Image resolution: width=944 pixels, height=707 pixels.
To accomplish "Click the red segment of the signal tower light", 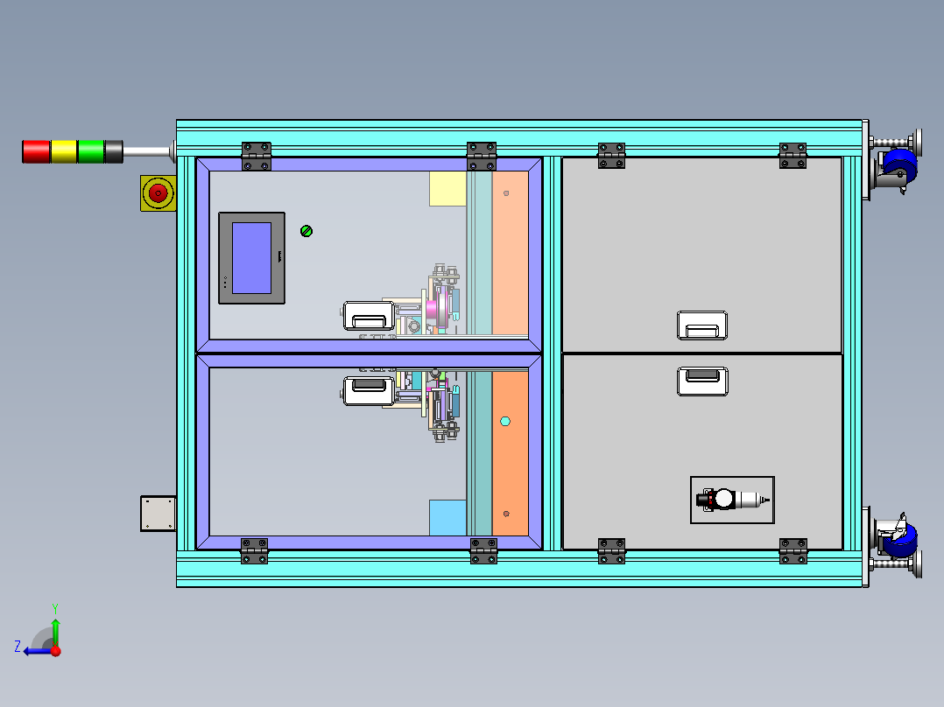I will click(x=36, y=151).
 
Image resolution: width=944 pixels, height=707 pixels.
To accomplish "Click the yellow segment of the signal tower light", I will click(x=64, y=151).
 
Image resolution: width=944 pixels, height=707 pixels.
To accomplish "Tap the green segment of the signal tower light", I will click(x=91, y=151).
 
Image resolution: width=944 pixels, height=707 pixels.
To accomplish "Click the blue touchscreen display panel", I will click(x=251, y=257).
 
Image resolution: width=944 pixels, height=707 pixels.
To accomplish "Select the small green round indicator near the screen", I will click(x=306, y=231).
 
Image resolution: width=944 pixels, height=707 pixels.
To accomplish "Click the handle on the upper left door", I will click(x=368, y=316).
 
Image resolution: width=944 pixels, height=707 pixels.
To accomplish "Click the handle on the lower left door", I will click(x=368, y=389).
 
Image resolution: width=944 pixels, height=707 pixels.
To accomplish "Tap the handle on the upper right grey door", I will click(x=702, y=325).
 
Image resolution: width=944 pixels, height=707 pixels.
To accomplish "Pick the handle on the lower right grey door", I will click(x=702, y=381).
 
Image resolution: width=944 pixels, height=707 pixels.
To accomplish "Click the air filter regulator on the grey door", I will click(x=732, y=500).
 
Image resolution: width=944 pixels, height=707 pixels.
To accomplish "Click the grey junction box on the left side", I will click(x=159, y=514).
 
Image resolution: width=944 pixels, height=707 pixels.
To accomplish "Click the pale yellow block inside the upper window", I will click(x=447, y=188).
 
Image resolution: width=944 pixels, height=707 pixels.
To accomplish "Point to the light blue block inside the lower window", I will click(x=447, y=518).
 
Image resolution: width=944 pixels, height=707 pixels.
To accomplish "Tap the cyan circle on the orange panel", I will click(x=504, y=422).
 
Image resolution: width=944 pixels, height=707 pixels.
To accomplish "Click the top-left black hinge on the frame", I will click(x=257, y=156).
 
